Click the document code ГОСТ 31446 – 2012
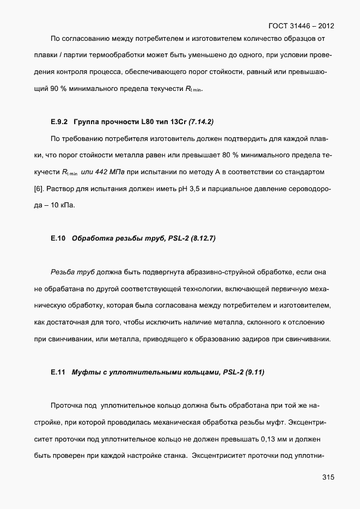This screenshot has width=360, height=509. (301, 26)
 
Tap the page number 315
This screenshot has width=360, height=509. (328, 477)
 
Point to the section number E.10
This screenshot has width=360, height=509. (58, 238)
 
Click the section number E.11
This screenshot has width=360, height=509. (58, 372)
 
